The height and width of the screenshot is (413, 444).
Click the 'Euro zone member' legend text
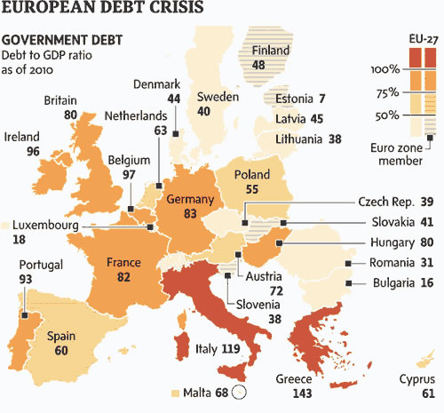click(397, 155)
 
